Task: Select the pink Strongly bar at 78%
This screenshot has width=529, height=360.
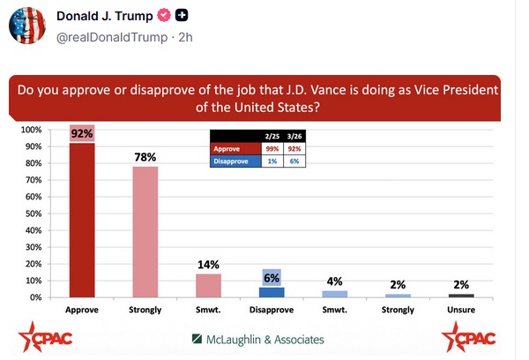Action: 145,231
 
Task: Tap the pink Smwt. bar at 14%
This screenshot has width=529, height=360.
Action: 208,285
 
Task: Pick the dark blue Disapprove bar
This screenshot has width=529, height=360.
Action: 272,292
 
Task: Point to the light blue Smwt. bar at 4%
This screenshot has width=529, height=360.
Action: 335,294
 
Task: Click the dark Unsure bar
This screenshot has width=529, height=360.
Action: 461,296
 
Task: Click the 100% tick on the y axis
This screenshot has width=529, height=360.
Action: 31,130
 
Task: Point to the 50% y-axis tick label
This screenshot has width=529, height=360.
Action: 33,214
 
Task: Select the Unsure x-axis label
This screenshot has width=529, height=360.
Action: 461,311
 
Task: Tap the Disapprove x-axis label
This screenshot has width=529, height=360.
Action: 272,311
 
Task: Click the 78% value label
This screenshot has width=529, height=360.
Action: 145,157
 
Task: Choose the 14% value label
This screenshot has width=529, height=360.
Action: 208,264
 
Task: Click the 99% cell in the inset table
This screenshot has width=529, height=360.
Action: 271,150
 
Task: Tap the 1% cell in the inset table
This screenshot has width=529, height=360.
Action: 271,162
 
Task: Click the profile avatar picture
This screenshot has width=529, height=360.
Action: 27,27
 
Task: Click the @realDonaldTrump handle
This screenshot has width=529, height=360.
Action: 112,38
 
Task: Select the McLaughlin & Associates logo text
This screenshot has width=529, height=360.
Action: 257,340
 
